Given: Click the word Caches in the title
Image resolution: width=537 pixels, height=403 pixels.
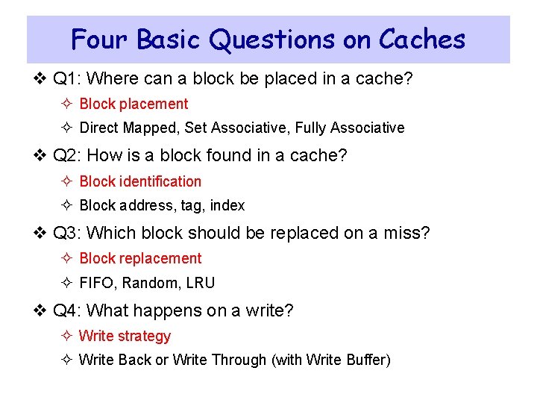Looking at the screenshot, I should pos(421,39).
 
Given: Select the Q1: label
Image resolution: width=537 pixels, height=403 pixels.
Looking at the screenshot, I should pos(69,78).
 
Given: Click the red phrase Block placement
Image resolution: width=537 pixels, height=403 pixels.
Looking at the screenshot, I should pos(134,104).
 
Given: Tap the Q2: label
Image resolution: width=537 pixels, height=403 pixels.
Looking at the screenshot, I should pos(69,155).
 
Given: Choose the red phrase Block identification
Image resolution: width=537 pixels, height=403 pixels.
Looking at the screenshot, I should pos(140,181).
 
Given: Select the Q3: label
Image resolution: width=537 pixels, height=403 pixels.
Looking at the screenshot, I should pos(69,233).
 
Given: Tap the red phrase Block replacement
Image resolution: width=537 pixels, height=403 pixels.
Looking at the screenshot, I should pos(140,258).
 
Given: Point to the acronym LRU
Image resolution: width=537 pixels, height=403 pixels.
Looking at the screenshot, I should pos(200,283).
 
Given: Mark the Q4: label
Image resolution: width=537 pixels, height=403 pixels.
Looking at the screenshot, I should pos(69,310).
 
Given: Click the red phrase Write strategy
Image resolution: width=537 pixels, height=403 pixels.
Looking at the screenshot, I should pos(125,336).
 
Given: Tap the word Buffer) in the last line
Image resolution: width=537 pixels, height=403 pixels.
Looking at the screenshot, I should pos(368,360).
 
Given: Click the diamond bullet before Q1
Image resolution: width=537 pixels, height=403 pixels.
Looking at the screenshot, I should pos(42,78).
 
